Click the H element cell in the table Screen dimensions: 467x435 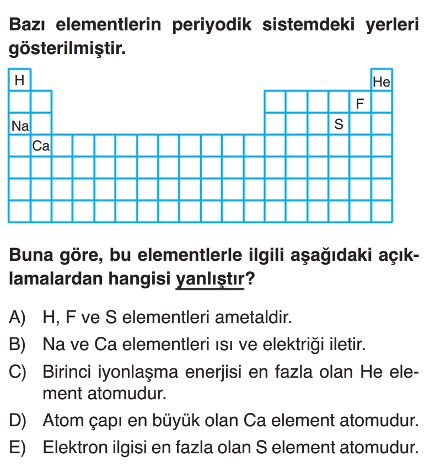[x=20, y=80]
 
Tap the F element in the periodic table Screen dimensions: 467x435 [x=361, y=103]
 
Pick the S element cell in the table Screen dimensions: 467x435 [x=339, y=125]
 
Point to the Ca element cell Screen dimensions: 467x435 [x=41, y=146]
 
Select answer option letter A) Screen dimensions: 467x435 [x=18, y=317]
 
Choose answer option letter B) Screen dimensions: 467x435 [x=18, y=345]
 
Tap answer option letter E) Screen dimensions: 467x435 [x=18, y=447]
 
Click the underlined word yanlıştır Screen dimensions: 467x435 [x=210, y=278]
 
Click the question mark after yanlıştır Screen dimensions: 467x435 [x=250, y=278]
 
